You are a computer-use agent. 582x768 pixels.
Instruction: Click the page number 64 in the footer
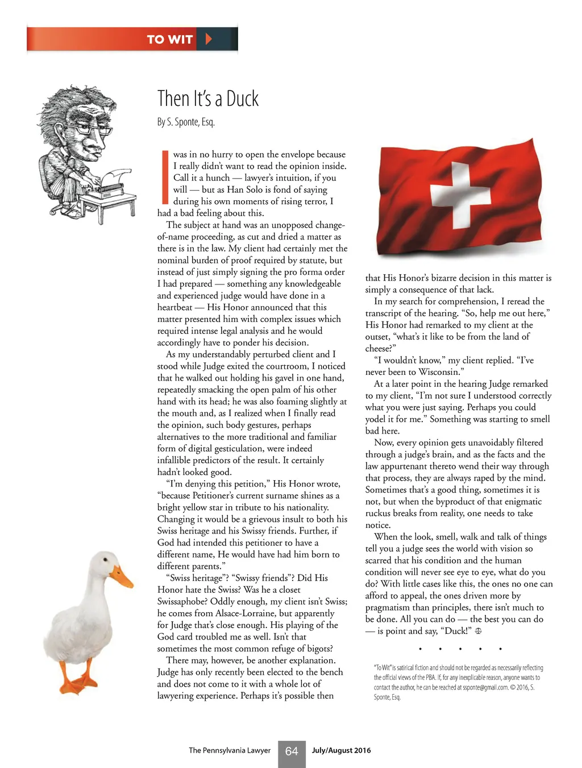pyautogui.click(x=292, y=752)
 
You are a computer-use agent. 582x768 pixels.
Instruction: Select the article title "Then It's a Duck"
pyautogui.click(x=208, y=99)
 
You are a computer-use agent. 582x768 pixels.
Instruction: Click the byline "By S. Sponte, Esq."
pyautogui.click(x=186, y=122)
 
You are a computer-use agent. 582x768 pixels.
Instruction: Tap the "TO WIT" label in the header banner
pyautogui.click(x=169, y=40)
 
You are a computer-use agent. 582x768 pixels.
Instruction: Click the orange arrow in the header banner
pyautogui.click(x=209, y=39)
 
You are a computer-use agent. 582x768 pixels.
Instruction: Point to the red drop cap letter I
pyautogui.click(x=165, y=177)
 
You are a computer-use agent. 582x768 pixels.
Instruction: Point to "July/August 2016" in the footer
pyautogui.click(x=341, y=750)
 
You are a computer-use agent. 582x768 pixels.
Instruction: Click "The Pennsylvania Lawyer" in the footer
pyautogui.click(x=230, y=750)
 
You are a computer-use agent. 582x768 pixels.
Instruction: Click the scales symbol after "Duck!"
pyautogui.click(x=478, y=631)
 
